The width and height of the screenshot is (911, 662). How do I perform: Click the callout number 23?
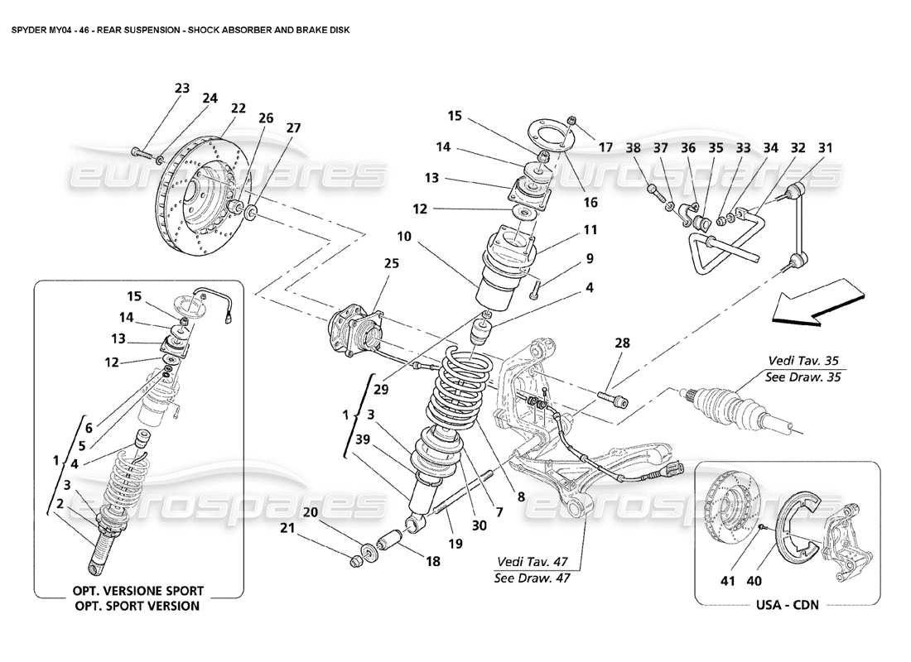[x=182, y=88]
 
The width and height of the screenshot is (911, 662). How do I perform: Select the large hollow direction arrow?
[x=813, y=302]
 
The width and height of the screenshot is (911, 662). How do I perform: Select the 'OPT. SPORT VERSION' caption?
[x=138, y=606]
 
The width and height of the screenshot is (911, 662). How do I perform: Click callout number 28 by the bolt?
[x=623, y=343]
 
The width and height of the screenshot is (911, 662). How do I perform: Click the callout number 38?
[x=634, y=147]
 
